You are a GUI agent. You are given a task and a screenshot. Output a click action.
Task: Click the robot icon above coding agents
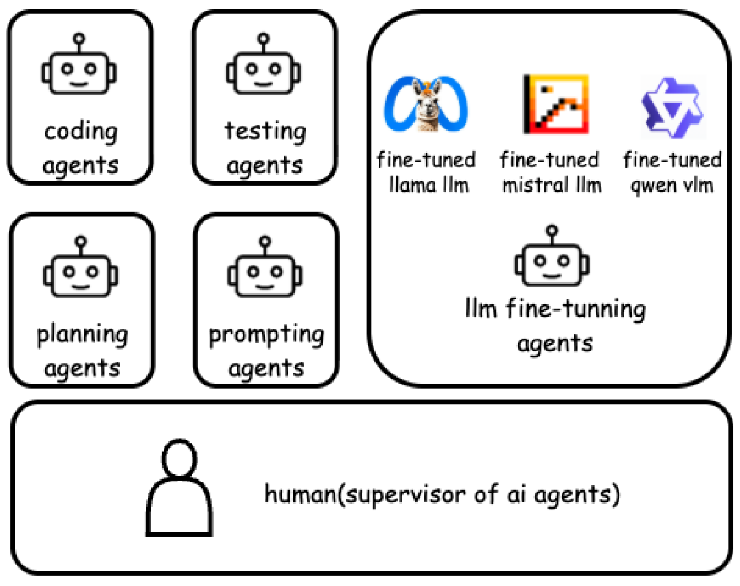coord(79,66)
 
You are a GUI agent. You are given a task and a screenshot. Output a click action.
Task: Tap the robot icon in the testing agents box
coord(264,66)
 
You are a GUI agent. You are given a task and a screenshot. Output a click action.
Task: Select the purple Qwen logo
coord(671,104)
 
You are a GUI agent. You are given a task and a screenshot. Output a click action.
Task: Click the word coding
coord(81,131)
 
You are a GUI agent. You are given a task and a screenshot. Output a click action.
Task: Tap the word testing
coord(265,131)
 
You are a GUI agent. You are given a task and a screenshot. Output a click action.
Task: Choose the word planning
coord(82,335)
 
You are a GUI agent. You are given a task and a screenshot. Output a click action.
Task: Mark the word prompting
coord(266,335)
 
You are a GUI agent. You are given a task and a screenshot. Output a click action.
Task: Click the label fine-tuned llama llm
coord(427,172)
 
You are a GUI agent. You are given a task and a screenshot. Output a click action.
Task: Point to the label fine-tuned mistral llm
coord(551,172)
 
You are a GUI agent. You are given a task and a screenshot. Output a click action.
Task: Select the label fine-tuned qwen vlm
coord(672,172)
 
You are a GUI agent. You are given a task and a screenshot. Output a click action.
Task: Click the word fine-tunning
coord(575,309)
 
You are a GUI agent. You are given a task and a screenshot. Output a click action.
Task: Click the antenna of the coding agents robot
coord(79,42)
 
